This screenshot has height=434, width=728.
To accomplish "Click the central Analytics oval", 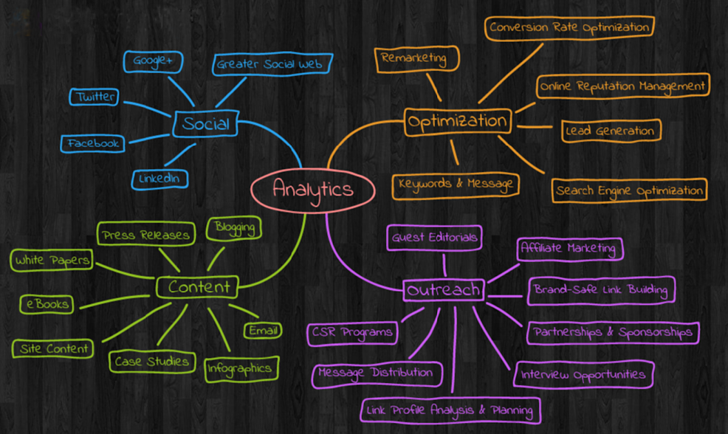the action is point(313,190).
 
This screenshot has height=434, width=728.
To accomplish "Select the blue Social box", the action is point(206,124).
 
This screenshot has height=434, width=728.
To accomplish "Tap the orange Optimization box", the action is point(458,122).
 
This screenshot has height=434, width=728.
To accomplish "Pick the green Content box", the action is point(197,287).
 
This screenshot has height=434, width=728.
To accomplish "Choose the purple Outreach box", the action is point(444,290).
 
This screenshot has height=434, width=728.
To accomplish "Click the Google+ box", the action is point(153,61).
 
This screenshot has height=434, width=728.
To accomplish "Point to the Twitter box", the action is point(94,97).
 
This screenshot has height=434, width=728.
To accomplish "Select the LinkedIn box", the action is point(159,179).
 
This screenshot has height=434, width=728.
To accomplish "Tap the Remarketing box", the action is point(417,59).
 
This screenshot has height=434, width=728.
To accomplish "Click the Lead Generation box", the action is point(611,131).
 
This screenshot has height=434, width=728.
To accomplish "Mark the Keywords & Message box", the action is point(455,186).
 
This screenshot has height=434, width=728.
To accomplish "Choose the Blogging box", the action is point(234,228).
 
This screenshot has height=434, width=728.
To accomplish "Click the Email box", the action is point(263,331).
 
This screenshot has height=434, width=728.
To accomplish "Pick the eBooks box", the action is point(47,304).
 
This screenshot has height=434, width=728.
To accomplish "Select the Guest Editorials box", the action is point(434,238).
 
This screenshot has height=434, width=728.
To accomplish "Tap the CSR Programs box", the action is point(352,334).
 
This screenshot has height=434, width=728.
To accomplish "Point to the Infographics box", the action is point(242,369).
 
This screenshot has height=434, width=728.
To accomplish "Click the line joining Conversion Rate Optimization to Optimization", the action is point(510,73).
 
